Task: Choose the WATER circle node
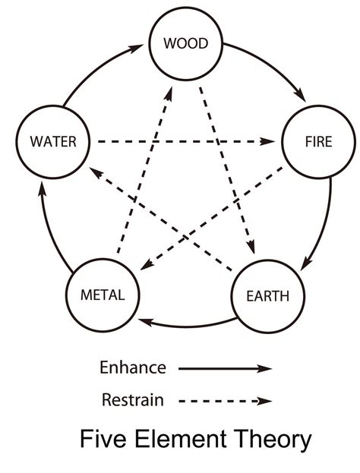coord(51,141)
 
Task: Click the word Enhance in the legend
coord(132,368)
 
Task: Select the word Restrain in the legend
coord(132,399)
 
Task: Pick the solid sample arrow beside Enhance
coord(225,369)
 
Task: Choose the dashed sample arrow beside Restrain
coord(225,400)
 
